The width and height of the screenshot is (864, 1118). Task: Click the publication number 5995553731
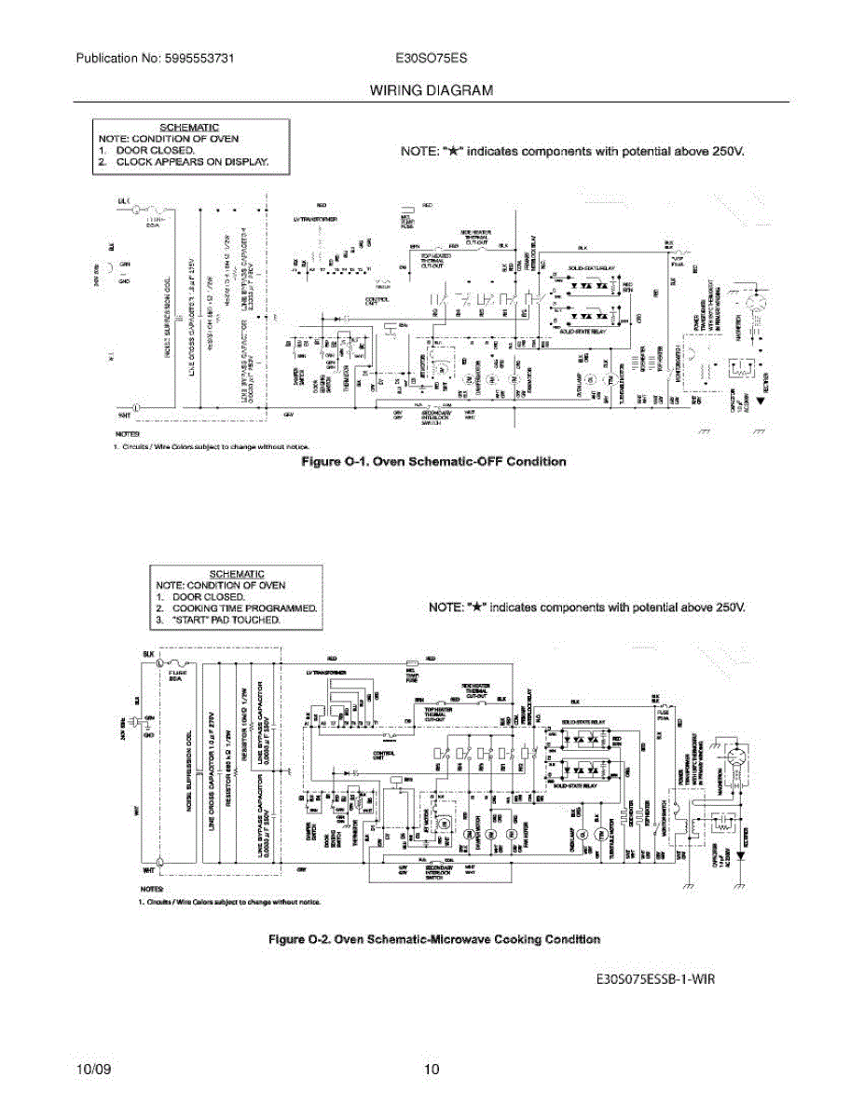(200, 58)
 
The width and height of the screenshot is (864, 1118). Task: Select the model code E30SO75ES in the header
(432, 58)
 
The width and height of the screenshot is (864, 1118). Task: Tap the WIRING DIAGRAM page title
(432, 90)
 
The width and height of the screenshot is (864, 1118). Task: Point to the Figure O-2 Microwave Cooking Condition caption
(433, 938)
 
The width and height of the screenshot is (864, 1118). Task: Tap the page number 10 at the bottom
(431, 1069)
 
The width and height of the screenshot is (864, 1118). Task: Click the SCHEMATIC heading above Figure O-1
(189, 127)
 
